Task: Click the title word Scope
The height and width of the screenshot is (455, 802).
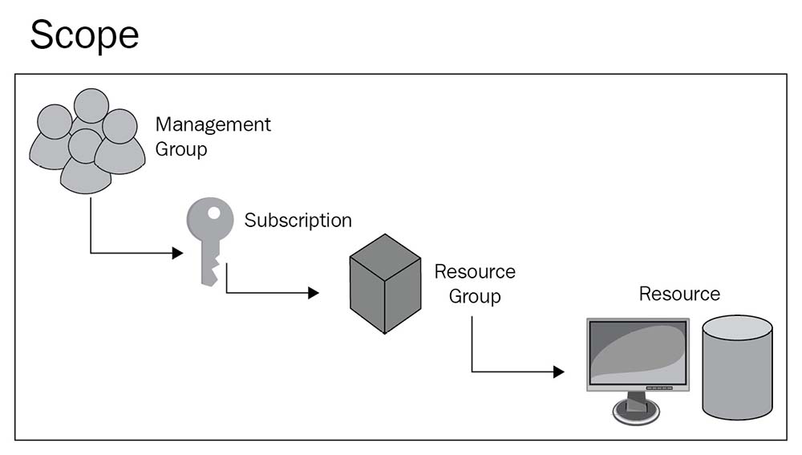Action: [84, 36]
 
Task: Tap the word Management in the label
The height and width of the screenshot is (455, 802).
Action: [213, 124]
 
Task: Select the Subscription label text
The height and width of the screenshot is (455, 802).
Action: [298, 220]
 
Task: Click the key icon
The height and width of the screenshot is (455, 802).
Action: [207, 241]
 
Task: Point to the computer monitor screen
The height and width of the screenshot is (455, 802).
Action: [637, 353]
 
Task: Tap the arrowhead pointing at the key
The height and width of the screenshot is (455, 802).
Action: [177, 254]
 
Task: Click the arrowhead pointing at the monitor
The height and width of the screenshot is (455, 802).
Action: [559, 372]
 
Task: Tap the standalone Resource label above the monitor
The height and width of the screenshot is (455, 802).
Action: [679, 294]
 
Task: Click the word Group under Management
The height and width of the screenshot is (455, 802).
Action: [180, 149]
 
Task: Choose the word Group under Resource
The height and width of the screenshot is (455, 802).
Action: [475, 296]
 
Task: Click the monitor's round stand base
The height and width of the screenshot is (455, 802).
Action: [638, 411]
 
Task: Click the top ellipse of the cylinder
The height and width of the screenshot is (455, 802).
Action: [737, 327]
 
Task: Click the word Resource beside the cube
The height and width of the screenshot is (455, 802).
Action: [475, 271]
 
